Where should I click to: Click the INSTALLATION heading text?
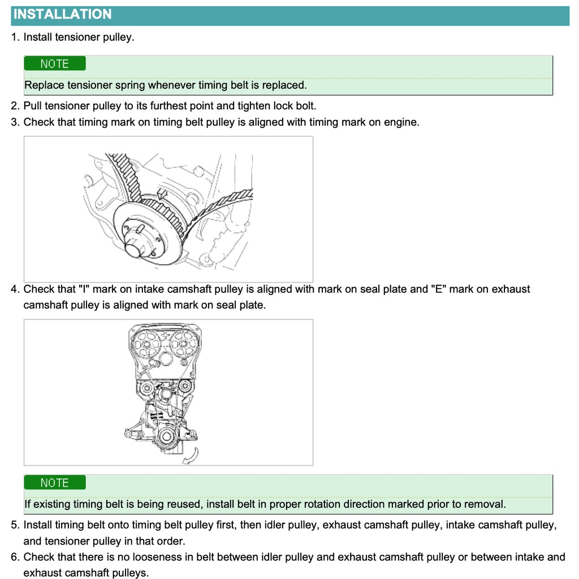pos(63,15)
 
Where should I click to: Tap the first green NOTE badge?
pos(55,64)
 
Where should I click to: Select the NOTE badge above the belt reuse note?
pos(55,483)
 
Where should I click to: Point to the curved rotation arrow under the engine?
pos(191,456)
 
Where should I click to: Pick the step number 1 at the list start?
pos(15,37)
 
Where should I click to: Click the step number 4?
pos(15,289)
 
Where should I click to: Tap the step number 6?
pos(15,558)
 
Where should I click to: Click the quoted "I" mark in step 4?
pos(84,289)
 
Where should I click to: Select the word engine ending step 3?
pos(401,122)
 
